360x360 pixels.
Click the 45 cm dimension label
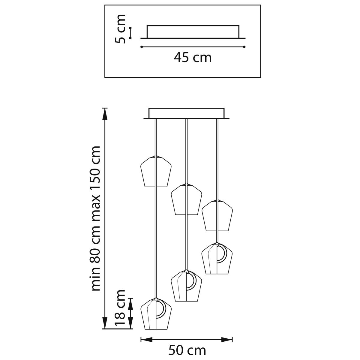tap(193, 58)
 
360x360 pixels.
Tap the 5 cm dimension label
tap(120, 29)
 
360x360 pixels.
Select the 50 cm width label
tap(187, 350)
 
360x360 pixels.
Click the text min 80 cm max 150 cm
tap(95, 218)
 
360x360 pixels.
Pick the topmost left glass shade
tap(156, 171)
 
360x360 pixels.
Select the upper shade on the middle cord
tap(186, 199)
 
